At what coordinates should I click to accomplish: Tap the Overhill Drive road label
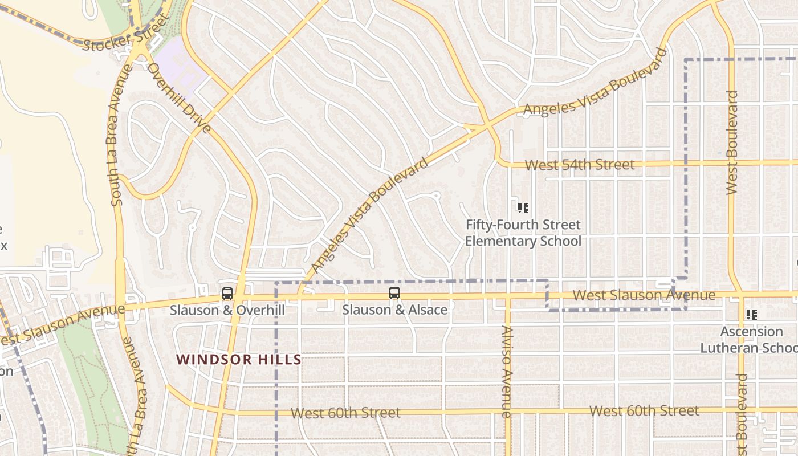[x=180, y=98]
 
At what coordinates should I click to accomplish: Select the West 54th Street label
[x=579, y=165]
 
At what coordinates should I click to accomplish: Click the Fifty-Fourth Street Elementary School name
[x=523, y=233]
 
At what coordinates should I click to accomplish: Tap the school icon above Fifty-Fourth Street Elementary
[x=523, y=208]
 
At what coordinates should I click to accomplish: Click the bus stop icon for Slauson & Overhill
[x=227, y=294]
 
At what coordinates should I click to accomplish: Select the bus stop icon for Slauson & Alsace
[x=394, y=294]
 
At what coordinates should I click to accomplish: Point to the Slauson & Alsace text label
[x=394, y=310]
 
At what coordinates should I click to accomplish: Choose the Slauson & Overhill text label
[x=227, y=310]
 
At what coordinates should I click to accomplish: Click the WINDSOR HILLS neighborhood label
[x=238, y=360]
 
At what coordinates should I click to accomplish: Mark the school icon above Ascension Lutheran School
[x=751, y=315]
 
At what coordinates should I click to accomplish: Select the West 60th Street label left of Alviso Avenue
[x=345, y=413]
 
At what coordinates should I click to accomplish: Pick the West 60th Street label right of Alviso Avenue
[x=644, y=411]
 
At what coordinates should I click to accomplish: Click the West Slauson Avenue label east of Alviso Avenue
[x=644, y=295]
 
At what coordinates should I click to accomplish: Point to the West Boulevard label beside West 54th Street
[x=732, y=142]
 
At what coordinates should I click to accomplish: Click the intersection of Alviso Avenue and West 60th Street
[x=507, y=411]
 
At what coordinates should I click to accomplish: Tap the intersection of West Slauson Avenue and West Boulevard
[x=739, y=295]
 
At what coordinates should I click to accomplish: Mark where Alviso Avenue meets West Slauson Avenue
[x=507, y=296]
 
